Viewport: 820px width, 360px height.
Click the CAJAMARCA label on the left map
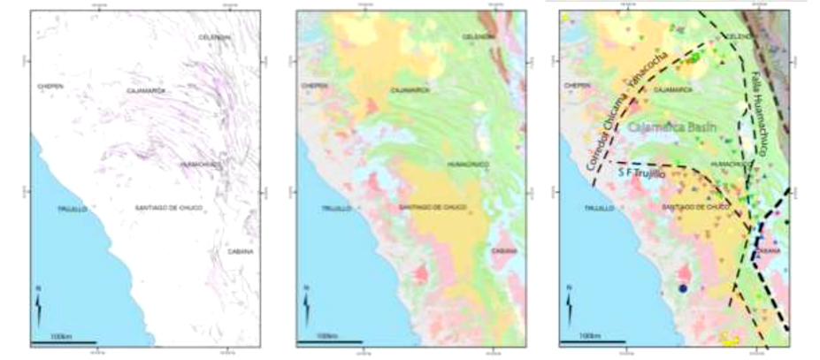pyautogui.click(x=146, y=90)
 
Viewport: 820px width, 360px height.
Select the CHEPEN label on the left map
pyautogui.click(x=50, y=86)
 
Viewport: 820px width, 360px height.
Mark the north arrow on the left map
pyautogui.click(x=38, y=310)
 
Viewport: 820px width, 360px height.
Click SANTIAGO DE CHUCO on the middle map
pyautogui.click(x=433, y=207)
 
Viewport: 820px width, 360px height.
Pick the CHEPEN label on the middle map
pyautogui.click(x=316, y=86)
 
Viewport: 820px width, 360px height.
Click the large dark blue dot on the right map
pyautogui.click(x=683, y=287)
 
